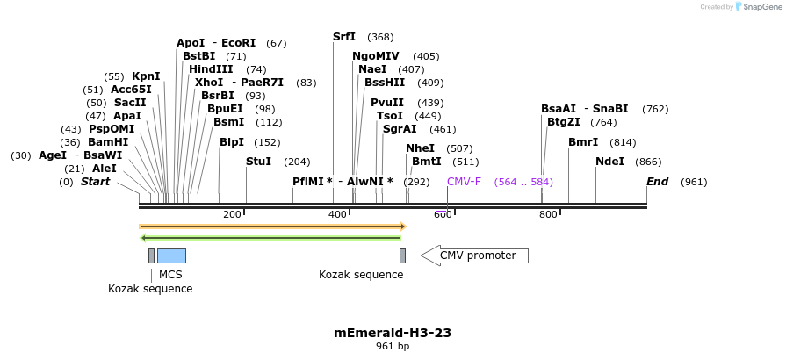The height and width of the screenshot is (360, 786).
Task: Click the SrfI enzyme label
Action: coord(344,37)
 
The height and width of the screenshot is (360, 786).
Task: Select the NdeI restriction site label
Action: coord(609,162)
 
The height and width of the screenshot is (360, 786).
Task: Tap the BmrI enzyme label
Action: coord(583,142)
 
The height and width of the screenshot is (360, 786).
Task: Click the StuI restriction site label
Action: coord(258,162)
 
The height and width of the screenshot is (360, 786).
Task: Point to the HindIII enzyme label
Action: coord(211,69)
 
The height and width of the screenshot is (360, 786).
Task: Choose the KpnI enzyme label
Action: coord(146,76)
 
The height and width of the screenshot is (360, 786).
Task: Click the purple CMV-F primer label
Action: coord(464,182)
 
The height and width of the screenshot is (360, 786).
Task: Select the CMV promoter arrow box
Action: coord(474,256)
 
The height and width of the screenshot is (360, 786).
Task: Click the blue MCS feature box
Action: coord(171,256)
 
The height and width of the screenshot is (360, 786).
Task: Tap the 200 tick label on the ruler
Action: coord(232,214)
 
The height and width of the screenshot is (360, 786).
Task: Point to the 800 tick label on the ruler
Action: coord(548,214)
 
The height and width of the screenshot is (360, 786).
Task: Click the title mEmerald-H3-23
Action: coord(393,333)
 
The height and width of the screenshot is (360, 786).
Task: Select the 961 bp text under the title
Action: coord(393,347)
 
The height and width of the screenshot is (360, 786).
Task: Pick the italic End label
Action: coord(657,182)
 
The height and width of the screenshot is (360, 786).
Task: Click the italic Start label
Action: coord(96,182)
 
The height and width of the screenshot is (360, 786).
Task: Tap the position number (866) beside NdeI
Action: coord(648,162)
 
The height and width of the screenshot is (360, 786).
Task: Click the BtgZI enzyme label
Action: coord(563,122)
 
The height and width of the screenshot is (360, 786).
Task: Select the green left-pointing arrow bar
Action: coord(270,237)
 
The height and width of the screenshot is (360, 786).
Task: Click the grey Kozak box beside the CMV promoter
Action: coord(402,256)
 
